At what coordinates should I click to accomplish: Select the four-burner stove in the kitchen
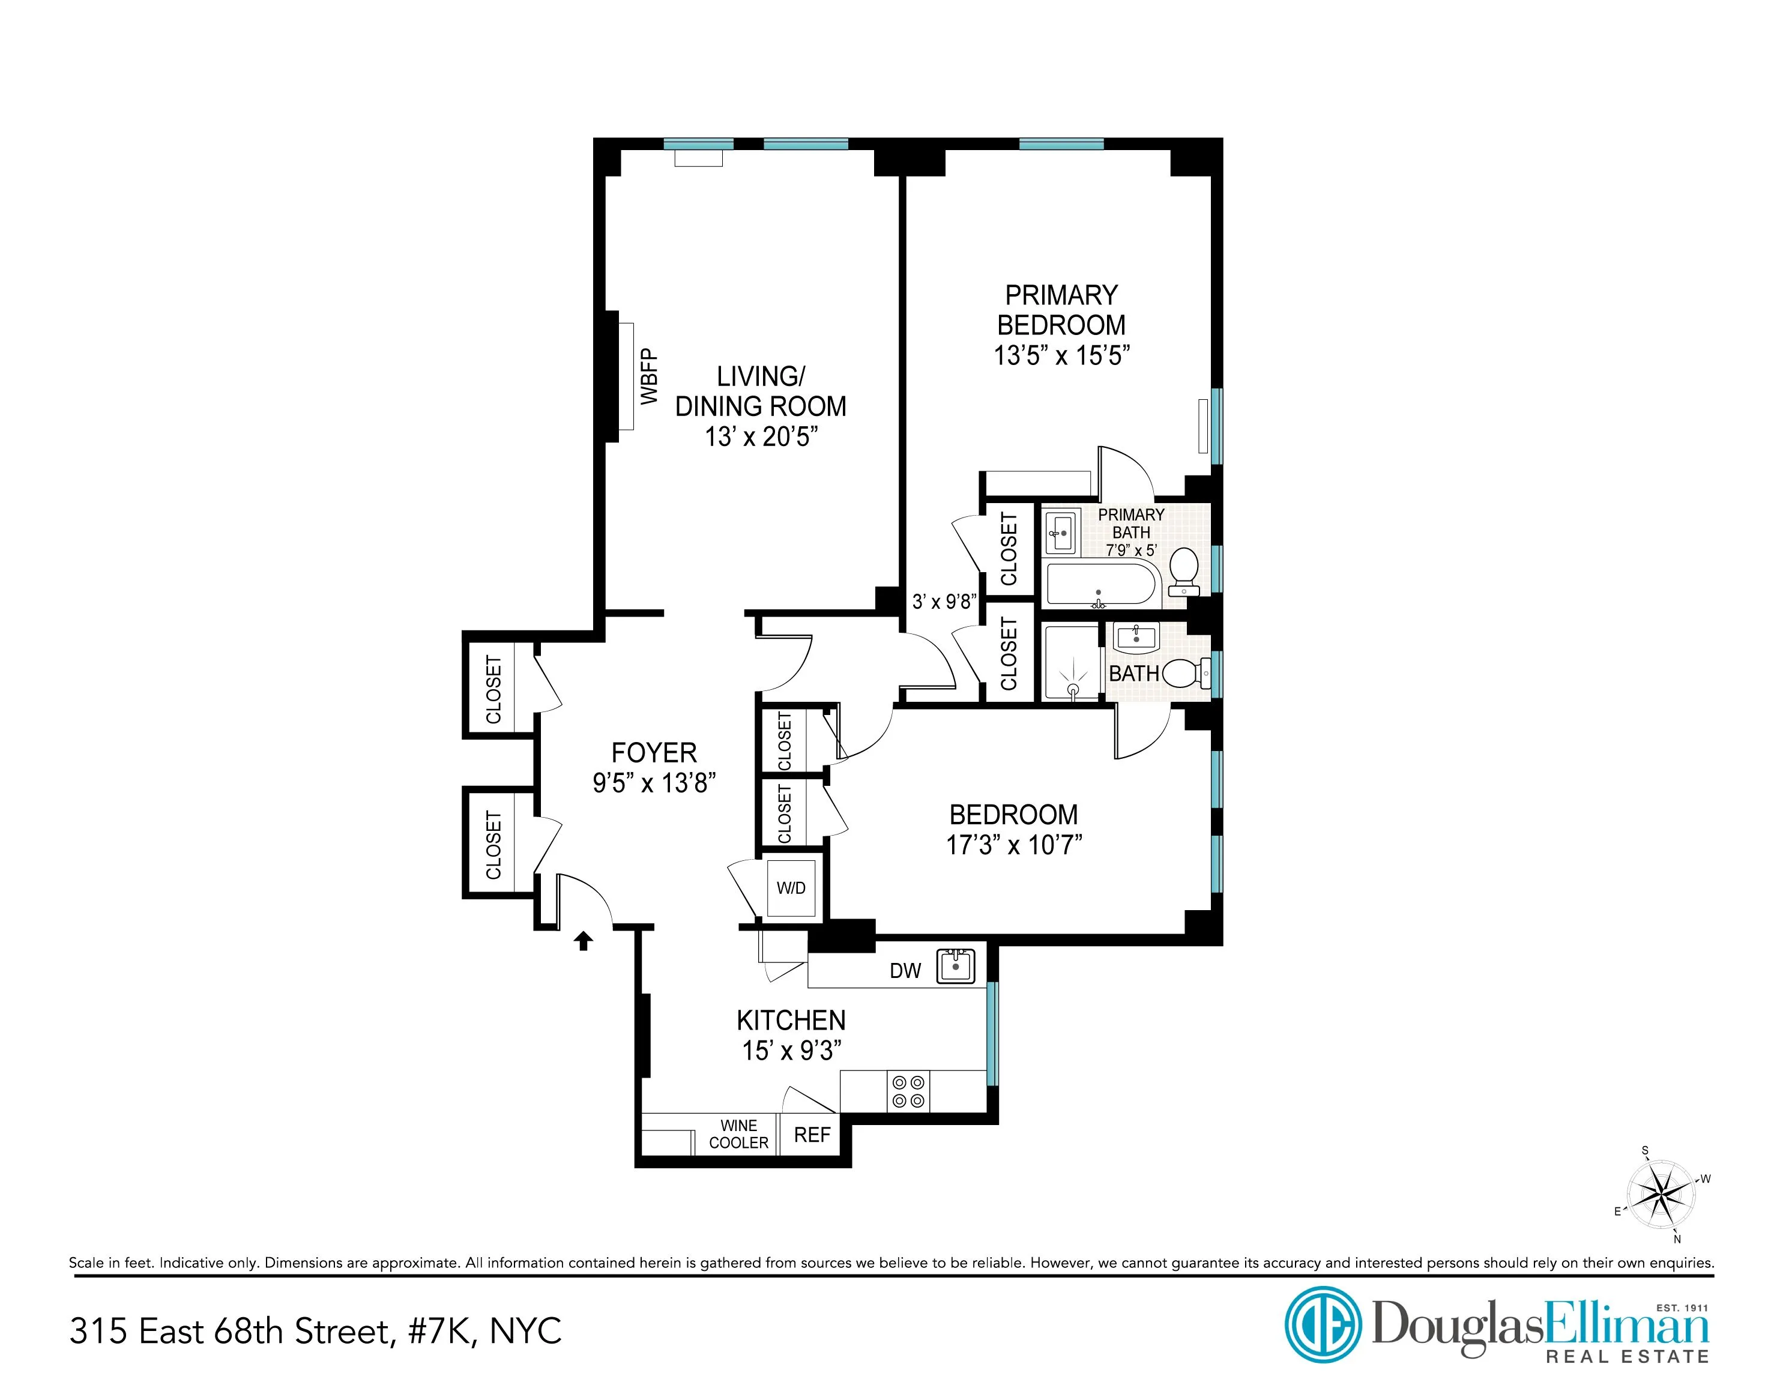pyautogui.click(x=908, y=1092)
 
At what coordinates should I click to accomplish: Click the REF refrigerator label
pyautogui.click(x=812, y=1135)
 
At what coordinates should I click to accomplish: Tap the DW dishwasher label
pyautogui.click(x=905, y=971)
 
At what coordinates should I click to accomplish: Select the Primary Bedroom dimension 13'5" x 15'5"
pyautogui.click(x=1061, y=355)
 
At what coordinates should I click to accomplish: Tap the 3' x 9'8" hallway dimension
pyautogui.click(x=944, y=602)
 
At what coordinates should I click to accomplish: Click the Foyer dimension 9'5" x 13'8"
pyautogui.click(x=654, y=783)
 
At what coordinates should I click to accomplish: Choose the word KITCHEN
pyautogui.click(x=791, y=1021)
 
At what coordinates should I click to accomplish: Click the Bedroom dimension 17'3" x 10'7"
pyautogui.click(x=1014, y=845)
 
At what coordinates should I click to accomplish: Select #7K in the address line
pyautogui.click(x=439, y=1331)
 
